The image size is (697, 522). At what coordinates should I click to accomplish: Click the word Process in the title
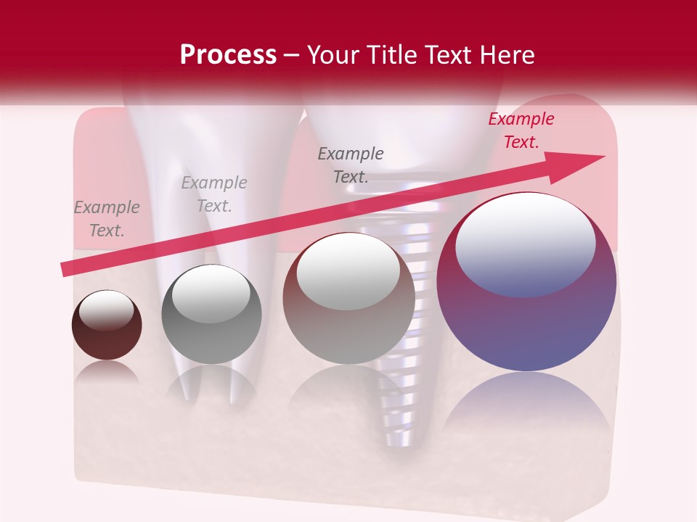point(228,54)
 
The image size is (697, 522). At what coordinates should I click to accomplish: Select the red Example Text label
point(521,130)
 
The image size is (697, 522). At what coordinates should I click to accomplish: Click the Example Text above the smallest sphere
point(107,219)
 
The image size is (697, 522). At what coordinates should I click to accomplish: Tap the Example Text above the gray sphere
point(214,194)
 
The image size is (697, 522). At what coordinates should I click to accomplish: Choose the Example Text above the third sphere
point(351,165)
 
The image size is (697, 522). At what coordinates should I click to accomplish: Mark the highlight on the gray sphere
point(211,294)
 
